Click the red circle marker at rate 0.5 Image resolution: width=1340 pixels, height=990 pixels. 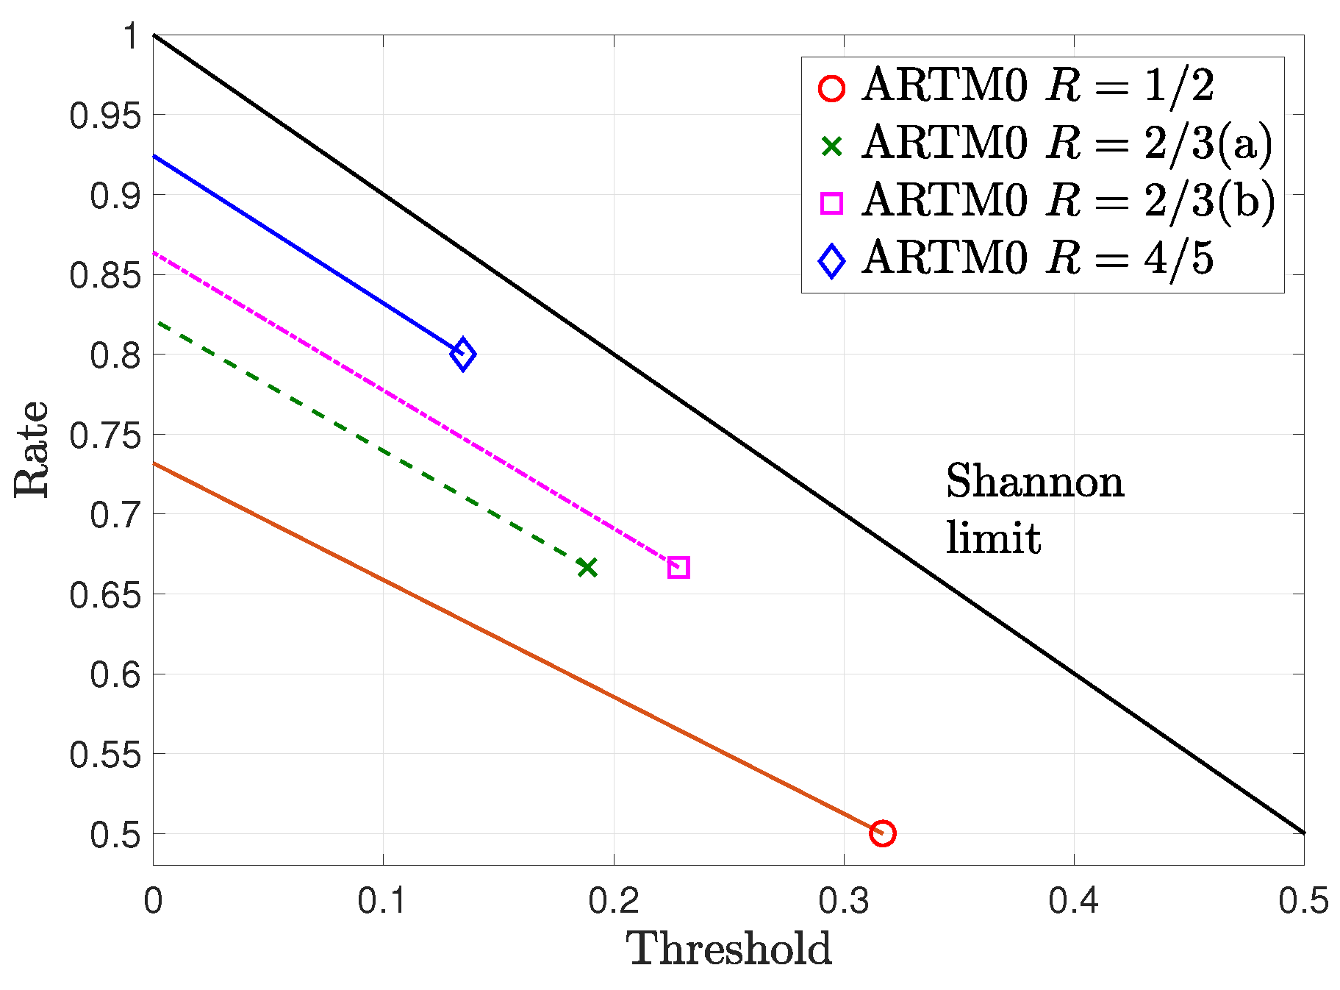(x=882, y=833)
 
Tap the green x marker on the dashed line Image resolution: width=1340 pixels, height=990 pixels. (x=587, y=567)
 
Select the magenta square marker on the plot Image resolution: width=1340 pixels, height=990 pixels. (x=678, y=567)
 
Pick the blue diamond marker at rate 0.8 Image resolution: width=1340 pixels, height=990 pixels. (x=462, y=355)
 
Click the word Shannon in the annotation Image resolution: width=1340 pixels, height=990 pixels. (x=1034, y=482)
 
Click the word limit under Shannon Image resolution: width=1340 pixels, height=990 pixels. (x=993, y=538)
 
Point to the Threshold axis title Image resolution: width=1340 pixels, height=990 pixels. (x=728, y=950)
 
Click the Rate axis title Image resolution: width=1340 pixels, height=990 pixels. (x=32, y=449)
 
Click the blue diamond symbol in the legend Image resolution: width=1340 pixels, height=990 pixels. (x=831, y=261)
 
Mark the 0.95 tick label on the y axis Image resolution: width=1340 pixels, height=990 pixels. (x=104, y=115)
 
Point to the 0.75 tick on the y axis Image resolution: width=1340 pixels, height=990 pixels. (x=104, y=435)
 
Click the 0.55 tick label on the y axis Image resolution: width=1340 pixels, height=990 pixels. (x=104, y=755)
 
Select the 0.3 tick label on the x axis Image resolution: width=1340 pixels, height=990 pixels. (x=843, y=901)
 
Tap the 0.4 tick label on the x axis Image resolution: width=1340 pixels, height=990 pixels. (x=1073, y=901)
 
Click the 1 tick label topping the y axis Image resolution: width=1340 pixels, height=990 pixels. (x=131, y=36)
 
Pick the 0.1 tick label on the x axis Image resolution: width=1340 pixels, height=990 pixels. (x=382, y=901)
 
